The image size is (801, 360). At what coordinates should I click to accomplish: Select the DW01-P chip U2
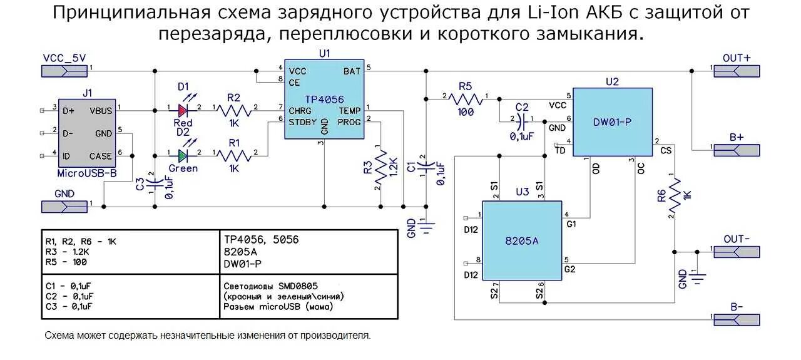tap(612, 122)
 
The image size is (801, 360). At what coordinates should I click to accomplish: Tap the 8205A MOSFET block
tap(522, 240)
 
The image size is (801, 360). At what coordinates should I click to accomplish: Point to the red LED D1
tap(182, 110)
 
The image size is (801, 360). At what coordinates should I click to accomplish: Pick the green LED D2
tap(182, 155)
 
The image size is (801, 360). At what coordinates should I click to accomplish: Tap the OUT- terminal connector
tap(737, 251)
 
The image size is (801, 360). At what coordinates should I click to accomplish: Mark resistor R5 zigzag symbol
tap(465, 98)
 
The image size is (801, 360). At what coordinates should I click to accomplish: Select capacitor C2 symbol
tap(522, 119)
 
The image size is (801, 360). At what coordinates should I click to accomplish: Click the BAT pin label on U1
tap(352, 71)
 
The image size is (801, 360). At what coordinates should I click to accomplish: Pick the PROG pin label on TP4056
tap(349, 121)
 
